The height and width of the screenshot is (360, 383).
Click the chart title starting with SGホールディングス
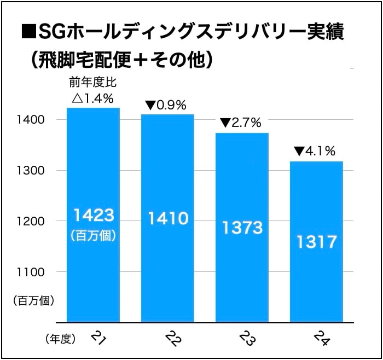[x=189, y=32]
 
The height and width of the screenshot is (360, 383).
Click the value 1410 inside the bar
[x=167, y=219]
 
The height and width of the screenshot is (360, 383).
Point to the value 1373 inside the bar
[x=242, y=227]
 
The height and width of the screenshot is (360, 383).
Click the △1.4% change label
[x=92, y=99]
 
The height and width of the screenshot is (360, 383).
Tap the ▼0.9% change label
[x=166, y=104]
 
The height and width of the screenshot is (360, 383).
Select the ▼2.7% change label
[x=241, y=123]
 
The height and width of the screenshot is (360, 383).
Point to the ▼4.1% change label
[x=315, y=151]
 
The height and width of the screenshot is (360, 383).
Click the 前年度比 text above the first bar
[x=92, y=83]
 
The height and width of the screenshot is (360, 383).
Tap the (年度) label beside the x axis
[x=59, y=339]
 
